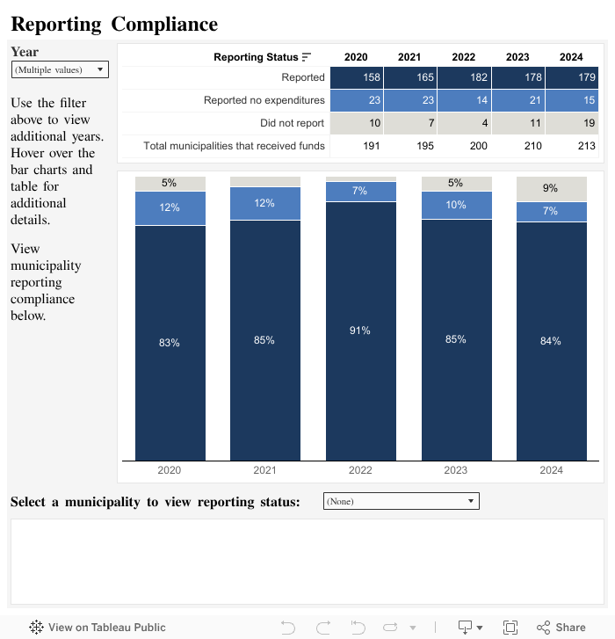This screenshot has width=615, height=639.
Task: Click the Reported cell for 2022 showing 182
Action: [x=463, y=77]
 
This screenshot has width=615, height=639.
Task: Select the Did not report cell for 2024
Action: [x=572, y=123]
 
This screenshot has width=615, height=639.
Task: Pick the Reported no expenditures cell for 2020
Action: [x=356, y=100]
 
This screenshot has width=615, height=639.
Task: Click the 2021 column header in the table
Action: [x=409, y=57]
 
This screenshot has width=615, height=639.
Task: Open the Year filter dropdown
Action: [x=60, y=69]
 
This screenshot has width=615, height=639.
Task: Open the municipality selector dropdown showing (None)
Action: [x=402, y=501]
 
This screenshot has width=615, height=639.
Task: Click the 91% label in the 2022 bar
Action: [x=360, y=330]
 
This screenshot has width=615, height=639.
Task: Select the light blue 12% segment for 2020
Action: [x=170, y=207]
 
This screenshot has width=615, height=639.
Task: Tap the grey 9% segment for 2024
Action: [x=551, y=188]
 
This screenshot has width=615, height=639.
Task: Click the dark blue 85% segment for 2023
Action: [x=455, y=339]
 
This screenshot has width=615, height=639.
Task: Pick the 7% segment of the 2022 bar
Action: [x=360, y=191]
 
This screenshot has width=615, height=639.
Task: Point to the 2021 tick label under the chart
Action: [x=264, y=470]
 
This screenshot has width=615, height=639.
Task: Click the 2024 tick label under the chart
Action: [x=551, y=470]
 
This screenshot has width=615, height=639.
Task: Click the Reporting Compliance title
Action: [x=114, y=25]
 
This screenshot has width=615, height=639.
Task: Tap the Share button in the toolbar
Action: [x=561, y=628]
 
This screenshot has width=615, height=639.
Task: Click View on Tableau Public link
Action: [x=98, y=628]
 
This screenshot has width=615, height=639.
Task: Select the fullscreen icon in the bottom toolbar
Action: [x=510, y=628]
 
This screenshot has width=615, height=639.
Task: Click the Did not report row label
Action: [x=292, y=123]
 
